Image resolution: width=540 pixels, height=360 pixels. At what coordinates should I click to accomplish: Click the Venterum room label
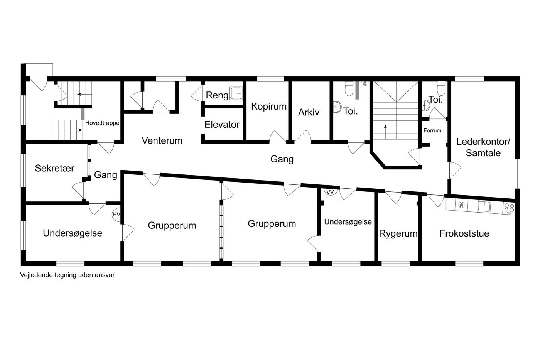(162, 140)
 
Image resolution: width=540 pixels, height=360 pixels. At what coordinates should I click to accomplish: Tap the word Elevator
(222, 125)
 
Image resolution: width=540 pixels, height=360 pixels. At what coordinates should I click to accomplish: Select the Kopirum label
(269, 106)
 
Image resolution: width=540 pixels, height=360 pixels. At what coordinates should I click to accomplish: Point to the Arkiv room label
(309, 112)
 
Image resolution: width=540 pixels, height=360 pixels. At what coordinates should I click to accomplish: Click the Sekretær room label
(54, 168)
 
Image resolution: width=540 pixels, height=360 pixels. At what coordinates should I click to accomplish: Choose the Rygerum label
(398, 234)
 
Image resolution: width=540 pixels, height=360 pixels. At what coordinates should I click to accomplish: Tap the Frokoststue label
(464, 233)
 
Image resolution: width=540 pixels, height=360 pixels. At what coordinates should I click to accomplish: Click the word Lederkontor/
(483, 142)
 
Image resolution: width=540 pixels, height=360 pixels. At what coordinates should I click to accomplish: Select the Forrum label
(432, 131)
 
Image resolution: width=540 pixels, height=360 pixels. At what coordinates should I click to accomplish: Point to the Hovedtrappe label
(102, 123)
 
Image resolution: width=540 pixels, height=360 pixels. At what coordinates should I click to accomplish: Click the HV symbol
(116, 215)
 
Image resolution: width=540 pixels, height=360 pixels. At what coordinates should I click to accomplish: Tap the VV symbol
(330, 192)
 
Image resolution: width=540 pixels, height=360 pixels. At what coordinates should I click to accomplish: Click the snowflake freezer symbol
(461, 205)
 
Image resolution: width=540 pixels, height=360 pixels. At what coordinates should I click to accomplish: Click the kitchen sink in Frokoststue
(484, 207)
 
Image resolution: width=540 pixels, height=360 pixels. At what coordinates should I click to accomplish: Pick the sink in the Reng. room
(236, 93)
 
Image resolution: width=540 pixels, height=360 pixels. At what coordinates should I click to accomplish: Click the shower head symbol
(365, 84)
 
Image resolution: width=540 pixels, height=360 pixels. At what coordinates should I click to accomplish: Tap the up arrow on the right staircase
(385, 132)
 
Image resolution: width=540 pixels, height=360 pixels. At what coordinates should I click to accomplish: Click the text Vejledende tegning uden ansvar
(67, 275)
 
